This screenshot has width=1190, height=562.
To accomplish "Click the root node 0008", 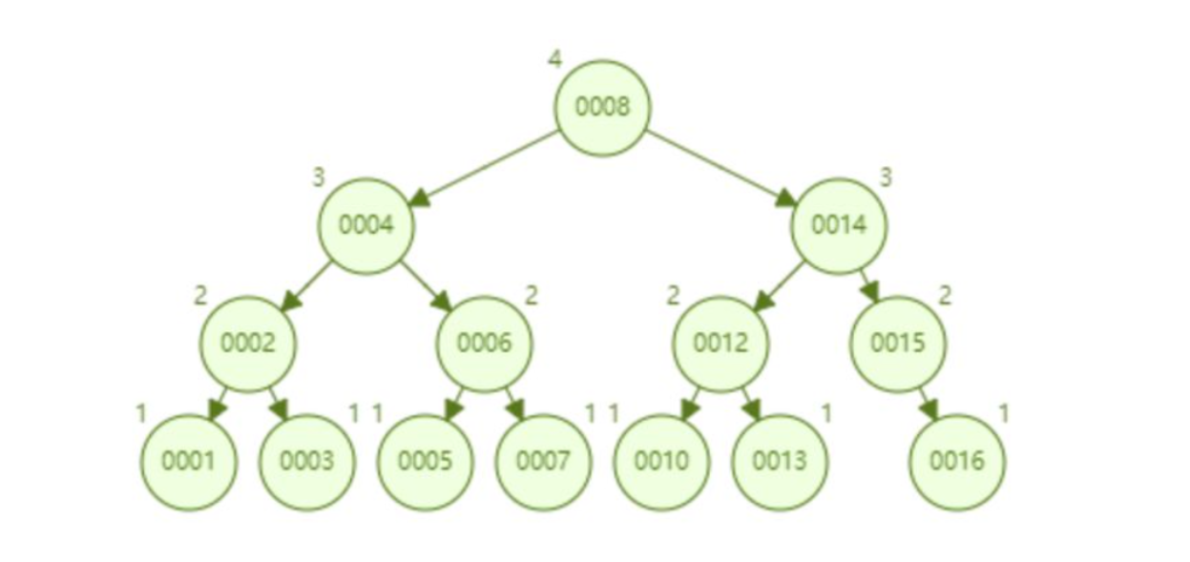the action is (x=602, y=107).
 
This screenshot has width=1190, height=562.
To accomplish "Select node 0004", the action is (x=366, y=226).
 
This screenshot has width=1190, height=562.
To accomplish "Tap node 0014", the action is (x=839, y=226).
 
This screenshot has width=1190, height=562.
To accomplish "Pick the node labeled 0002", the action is (x=248, y=343).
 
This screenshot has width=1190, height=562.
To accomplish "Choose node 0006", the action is (x=485, y=343).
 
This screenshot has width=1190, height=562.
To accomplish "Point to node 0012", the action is (x=720, y=343).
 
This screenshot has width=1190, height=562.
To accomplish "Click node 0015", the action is (x=898, y=343).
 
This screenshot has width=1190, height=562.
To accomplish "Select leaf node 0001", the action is (x=189, y=462).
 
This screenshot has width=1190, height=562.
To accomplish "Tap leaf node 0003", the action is (x=307, y=462).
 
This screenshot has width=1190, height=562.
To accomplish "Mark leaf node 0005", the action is (x=426, y=462).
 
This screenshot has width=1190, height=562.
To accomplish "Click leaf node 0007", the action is (x=543, y=462).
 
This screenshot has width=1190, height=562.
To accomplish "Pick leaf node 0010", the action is (x=661, y=462).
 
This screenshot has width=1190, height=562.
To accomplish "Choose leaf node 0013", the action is (x=780, y=462).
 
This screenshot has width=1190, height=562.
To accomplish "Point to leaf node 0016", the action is (x=957, y=462).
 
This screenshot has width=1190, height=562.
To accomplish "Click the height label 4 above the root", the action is (x=554, y=59).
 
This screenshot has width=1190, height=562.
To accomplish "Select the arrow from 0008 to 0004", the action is (x=484, y=167).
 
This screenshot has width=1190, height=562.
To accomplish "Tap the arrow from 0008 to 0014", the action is (x=721, y=167).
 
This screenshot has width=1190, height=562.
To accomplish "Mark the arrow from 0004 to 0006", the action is (x=427, y=285).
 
